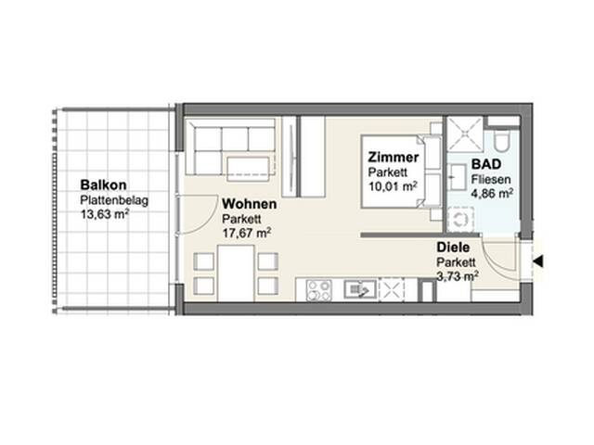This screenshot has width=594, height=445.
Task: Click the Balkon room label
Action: click(103, 185)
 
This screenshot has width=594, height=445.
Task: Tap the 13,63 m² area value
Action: click(105, 214)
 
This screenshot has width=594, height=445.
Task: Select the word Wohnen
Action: click(250, 204)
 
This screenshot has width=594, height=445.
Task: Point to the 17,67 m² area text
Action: click(246, 233)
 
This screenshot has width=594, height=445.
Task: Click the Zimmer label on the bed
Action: click(394, 157)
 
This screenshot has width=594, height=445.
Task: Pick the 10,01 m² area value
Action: click(393, 185)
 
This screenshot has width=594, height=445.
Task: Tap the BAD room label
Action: click(486, 164)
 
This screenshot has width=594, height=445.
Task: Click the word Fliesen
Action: click(491, 179)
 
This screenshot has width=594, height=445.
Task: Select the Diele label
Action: click(453, 248)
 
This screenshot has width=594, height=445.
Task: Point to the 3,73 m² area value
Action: click(458, 276)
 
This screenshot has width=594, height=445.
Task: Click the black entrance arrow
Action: click(538, 261)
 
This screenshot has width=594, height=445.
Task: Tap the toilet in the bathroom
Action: click(503, 142)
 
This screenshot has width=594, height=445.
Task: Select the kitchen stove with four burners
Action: click(318, 290)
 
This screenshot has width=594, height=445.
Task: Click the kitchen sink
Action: click(360, 289)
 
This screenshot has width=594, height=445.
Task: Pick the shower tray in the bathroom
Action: click(464, 134)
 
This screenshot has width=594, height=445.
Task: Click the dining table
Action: click(236, 273)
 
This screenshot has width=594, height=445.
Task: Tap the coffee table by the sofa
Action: click(248, 168)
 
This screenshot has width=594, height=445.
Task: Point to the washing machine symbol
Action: click(460, 220)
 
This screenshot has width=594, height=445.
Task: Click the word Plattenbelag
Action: click(114, 200)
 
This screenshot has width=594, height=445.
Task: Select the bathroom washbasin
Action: click(456, 177)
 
